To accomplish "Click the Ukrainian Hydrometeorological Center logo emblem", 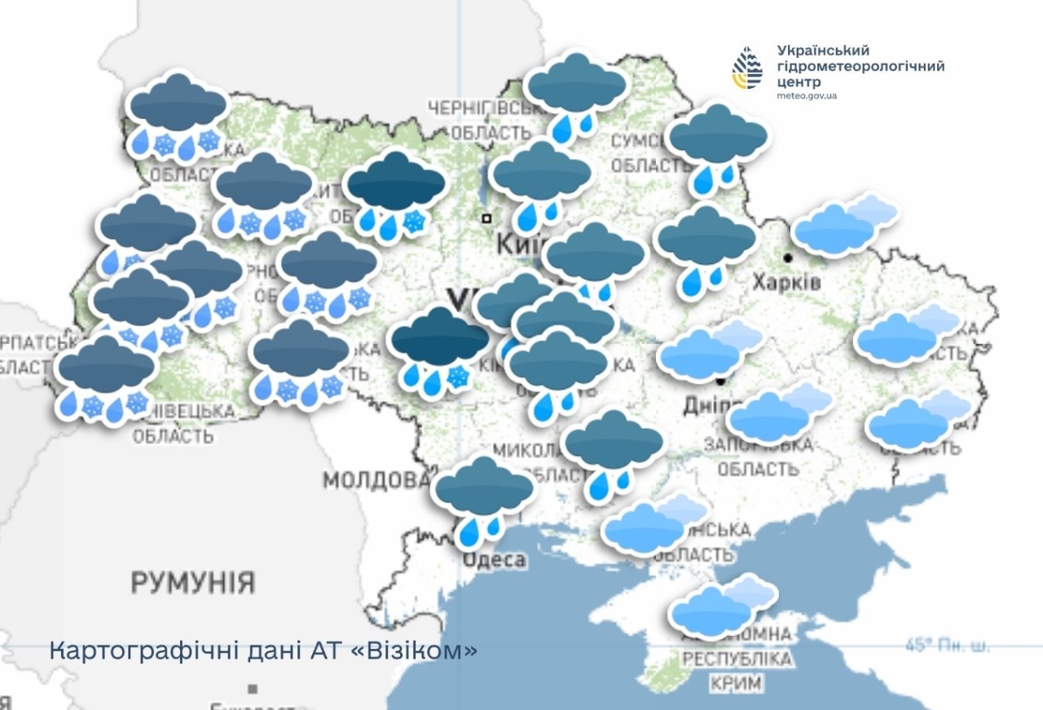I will coord(746,68).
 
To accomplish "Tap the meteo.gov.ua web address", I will coord(807,96).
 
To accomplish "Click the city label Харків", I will coord(786,282).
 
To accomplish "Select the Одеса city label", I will coord(495,560).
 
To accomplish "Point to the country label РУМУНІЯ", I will coord(193,583).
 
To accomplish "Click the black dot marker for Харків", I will coord(788,258).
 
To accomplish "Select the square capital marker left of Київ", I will coord(486,218).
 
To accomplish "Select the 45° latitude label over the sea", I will coord(948,646).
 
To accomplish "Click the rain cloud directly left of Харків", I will coord(706,245).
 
